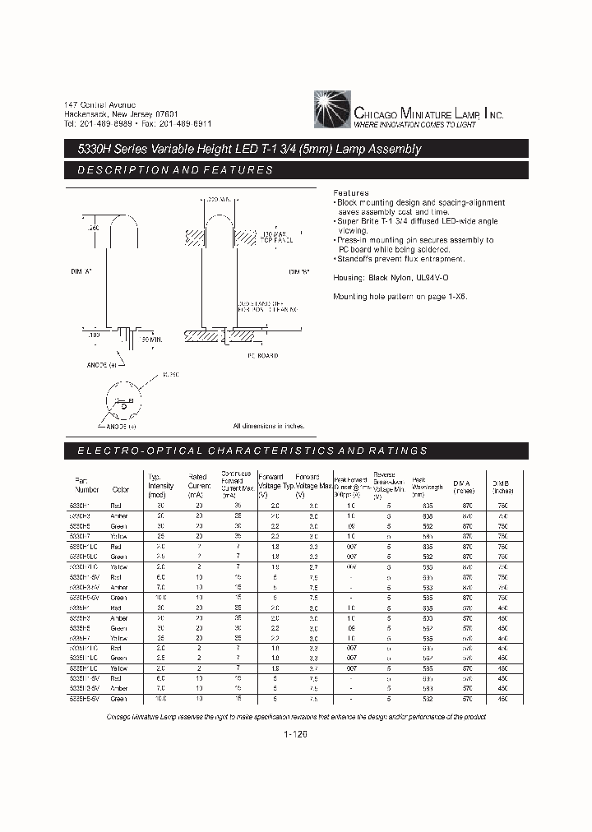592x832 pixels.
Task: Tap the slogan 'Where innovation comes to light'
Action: pyautogui.click(x=415, y=125)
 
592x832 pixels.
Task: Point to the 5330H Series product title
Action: pyautogui.click(x=243, y=149)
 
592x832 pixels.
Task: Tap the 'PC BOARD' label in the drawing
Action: pyautogui.click(x=262, y=356)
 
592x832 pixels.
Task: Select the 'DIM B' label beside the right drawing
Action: pyautogui.click(x=298, y=270)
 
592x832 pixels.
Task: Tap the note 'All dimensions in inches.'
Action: pyautogui.click(x=268, y=426)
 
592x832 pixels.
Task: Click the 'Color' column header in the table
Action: pyautogui.click(x=121, y=489)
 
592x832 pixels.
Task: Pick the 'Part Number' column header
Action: pyautogui.click(x=81, y=485)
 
